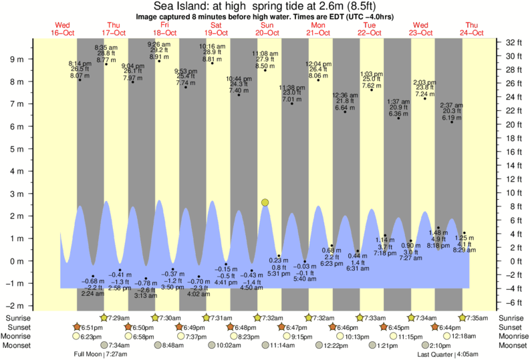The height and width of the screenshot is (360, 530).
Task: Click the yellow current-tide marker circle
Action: click(x=265, y=202)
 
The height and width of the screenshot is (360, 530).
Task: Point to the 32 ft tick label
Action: click(x=514, y=43)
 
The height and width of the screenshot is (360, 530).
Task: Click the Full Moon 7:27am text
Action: click(x=100, y=355)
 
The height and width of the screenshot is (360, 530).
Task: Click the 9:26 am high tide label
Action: click(x=159, y=45)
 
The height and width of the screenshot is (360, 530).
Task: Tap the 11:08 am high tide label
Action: click(x=265, y=53)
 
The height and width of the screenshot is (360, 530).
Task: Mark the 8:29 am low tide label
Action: click(x=464, y=250)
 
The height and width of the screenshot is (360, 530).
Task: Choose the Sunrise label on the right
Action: click(x=511, y=319)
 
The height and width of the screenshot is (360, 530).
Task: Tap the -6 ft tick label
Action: click(x=514, y=302)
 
